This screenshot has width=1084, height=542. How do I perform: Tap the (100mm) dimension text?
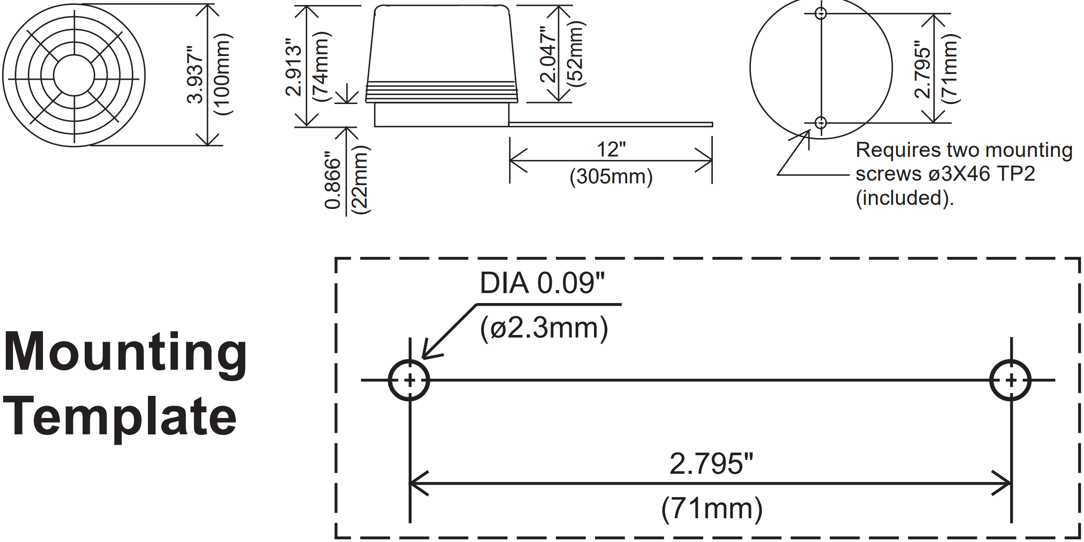tap(223, 74)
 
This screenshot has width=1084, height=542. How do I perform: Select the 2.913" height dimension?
tap(294, 67)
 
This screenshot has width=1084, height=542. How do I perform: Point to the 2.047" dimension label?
tap(548, 54)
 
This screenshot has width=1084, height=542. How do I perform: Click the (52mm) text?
tap(576, 54)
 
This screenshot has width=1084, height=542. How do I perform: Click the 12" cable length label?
tap(611, 149)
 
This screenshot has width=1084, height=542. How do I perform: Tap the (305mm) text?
tap(611, 176)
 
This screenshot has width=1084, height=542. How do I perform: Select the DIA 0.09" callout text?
tap(542, 283)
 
